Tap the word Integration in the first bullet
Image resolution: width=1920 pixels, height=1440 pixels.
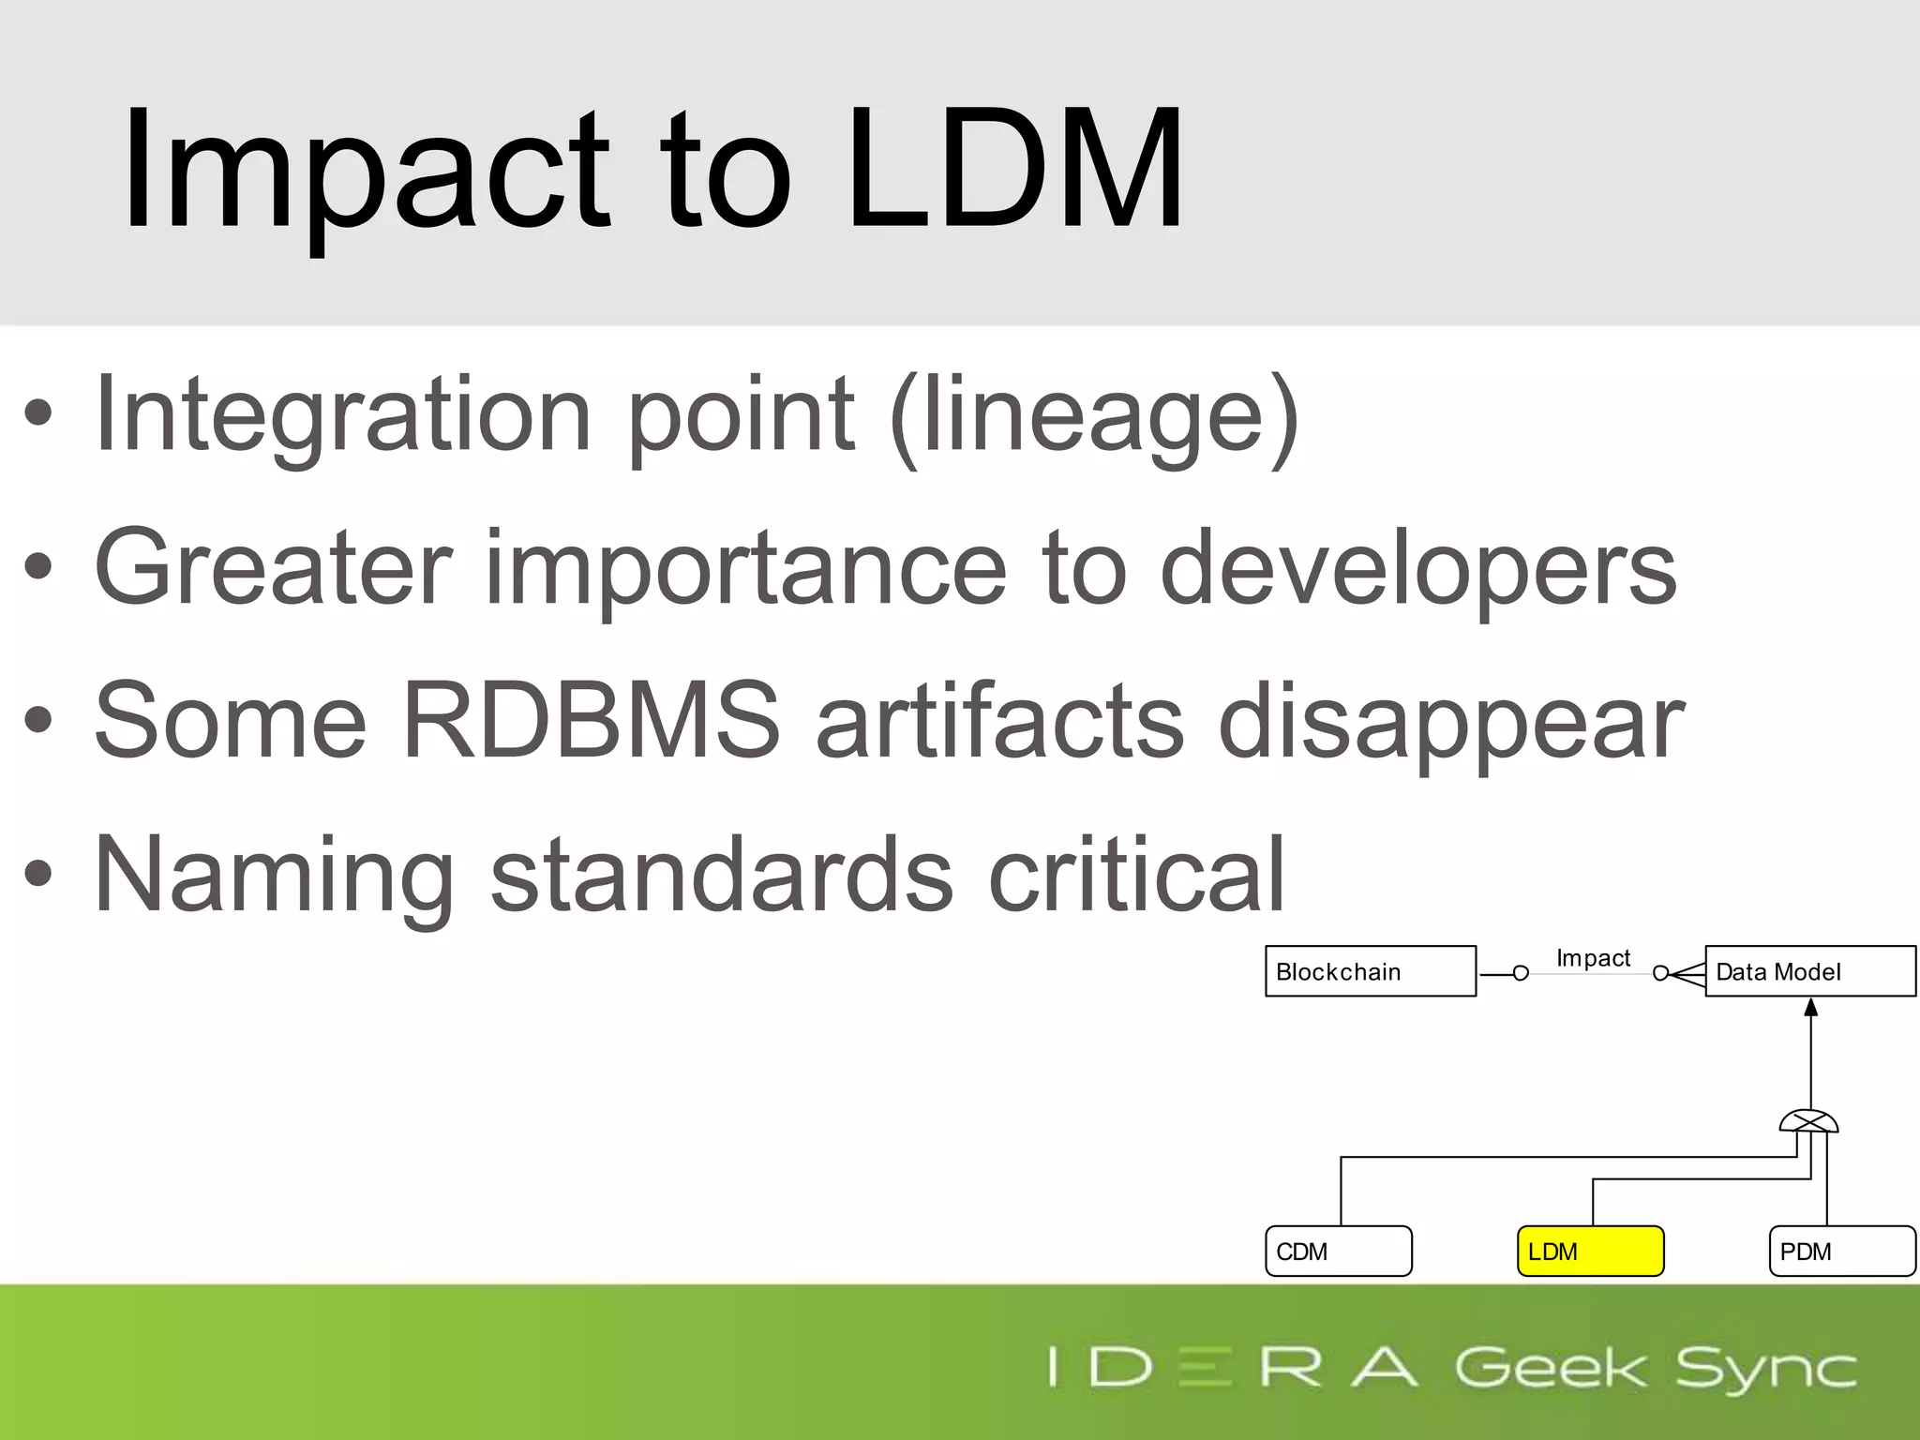(x=343, y=414)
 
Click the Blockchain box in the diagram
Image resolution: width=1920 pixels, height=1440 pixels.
(x=1370, y=971)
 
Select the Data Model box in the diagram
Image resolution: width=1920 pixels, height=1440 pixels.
(x=1809, y=971)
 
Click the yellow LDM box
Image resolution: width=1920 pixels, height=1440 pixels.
(x=1590, y=1251)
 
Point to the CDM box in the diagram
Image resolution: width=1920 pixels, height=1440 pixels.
(x=1338, y=1251)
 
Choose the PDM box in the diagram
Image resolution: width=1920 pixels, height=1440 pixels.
(x=1841, y=1251)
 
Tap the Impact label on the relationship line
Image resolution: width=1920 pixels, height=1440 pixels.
(x=1593, y=958)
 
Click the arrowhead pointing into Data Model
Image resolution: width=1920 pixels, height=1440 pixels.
(x=1811, y=1008)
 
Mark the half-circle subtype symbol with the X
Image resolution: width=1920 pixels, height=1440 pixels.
(x=1809, y=1121)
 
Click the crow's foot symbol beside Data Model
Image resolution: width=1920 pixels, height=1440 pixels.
(x=1687, y=974)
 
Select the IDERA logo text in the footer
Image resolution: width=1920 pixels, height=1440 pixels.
(x=1233, y=1367)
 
